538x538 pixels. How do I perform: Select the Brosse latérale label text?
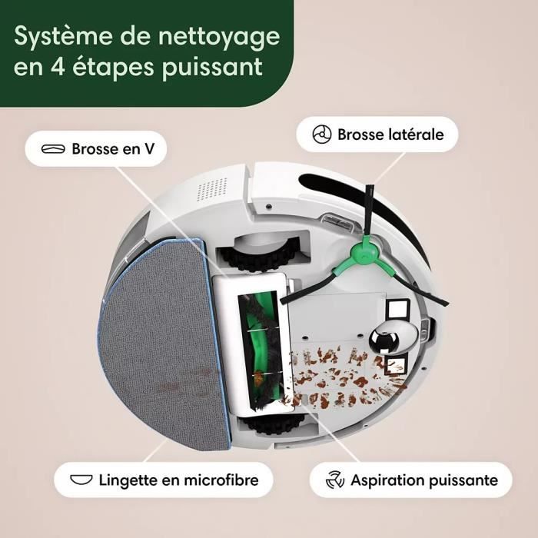390,134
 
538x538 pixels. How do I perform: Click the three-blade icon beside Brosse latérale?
321,134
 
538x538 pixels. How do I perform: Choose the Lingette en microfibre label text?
177,480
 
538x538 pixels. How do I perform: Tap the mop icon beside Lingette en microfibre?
81,480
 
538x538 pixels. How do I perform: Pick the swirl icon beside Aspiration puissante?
334,480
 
